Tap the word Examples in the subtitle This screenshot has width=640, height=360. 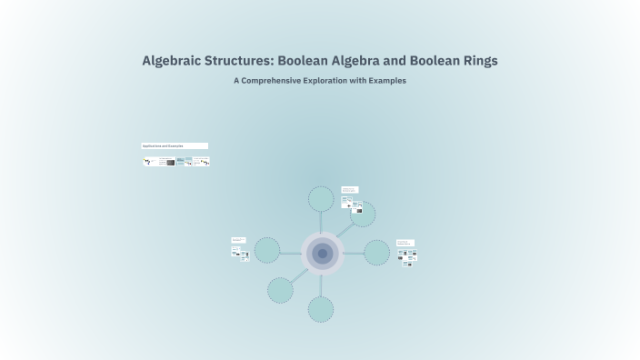[x=387, y=81]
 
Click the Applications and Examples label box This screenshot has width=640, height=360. [x=175, y=145]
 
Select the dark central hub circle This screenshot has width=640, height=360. [x=322, y=254]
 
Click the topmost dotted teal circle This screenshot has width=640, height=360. [x=321, y=198]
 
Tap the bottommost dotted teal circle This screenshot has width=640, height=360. [x=321, y=309]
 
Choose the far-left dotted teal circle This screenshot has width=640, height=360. [x=267, y=250]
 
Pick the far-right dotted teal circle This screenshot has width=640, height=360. [x=376, y=253]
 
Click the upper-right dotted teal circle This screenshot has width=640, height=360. [x=363, y=215]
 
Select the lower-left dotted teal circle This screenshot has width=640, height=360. [x=281, y=290]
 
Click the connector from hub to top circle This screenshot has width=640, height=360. [x=321, y=222]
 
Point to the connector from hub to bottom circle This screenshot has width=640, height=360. [x=321, y=285]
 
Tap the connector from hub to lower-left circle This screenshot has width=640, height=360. [x=299, y=274]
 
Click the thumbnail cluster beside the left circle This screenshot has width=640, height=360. [x=240, y=250]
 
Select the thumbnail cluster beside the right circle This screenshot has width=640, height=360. [x=407, y=254]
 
